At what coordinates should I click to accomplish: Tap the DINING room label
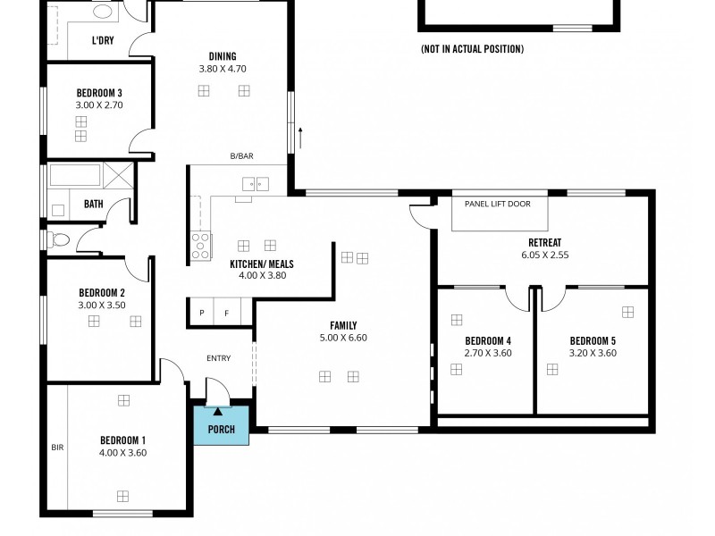223,56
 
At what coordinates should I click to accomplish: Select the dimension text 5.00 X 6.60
344,338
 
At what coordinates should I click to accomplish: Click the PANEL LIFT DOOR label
497,204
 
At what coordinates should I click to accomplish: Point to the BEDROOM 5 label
593,340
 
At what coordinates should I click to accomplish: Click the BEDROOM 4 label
488,340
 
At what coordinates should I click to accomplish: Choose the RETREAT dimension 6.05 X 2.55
545,255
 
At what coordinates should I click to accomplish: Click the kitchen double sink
256,184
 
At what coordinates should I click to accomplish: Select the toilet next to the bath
58,239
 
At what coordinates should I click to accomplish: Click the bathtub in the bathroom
75,174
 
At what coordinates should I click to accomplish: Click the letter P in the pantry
202,314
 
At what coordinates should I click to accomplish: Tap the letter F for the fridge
226,314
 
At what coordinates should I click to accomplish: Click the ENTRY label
218,358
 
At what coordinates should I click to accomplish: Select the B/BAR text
242,156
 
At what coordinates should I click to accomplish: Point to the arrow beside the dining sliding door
301,137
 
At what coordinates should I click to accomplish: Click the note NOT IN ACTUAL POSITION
472,49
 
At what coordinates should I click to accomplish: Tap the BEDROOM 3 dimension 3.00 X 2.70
99,105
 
